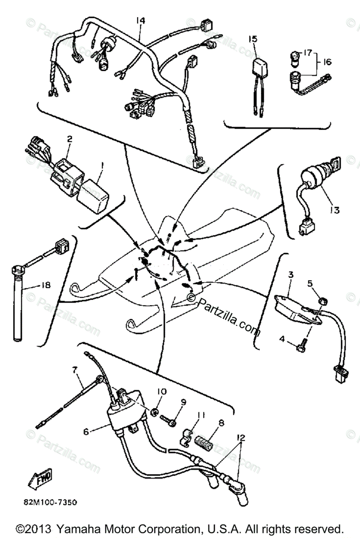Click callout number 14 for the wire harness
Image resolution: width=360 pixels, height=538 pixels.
pos(141,20)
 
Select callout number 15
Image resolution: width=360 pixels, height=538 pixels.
pos(253,39)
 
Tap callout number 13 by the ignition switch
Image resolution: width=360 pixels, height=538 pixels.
pos(335,209)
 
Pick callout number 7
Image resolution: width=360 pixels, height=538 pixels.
pos(74,370)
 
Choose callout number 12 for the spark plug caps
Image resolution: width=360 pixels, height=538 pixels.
pos(242,437)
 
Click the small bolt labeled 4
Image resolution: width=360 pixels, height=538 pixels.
pos(301,346)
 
